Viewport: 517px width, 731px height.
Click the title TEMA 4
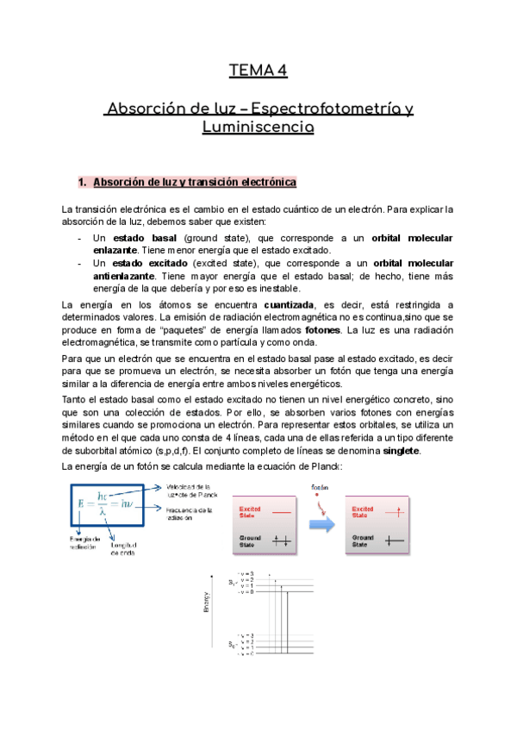tap(258, 71)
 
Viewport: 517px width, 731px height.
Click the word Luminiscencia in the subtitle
tap(258, 128)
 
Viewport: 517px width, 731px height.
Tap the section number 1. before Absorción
tap(83, 183)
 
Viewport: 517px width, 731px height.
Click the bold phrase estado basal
tap(146, 237)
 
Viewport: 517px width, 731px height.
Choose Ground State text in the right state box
tap(365, 540)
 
